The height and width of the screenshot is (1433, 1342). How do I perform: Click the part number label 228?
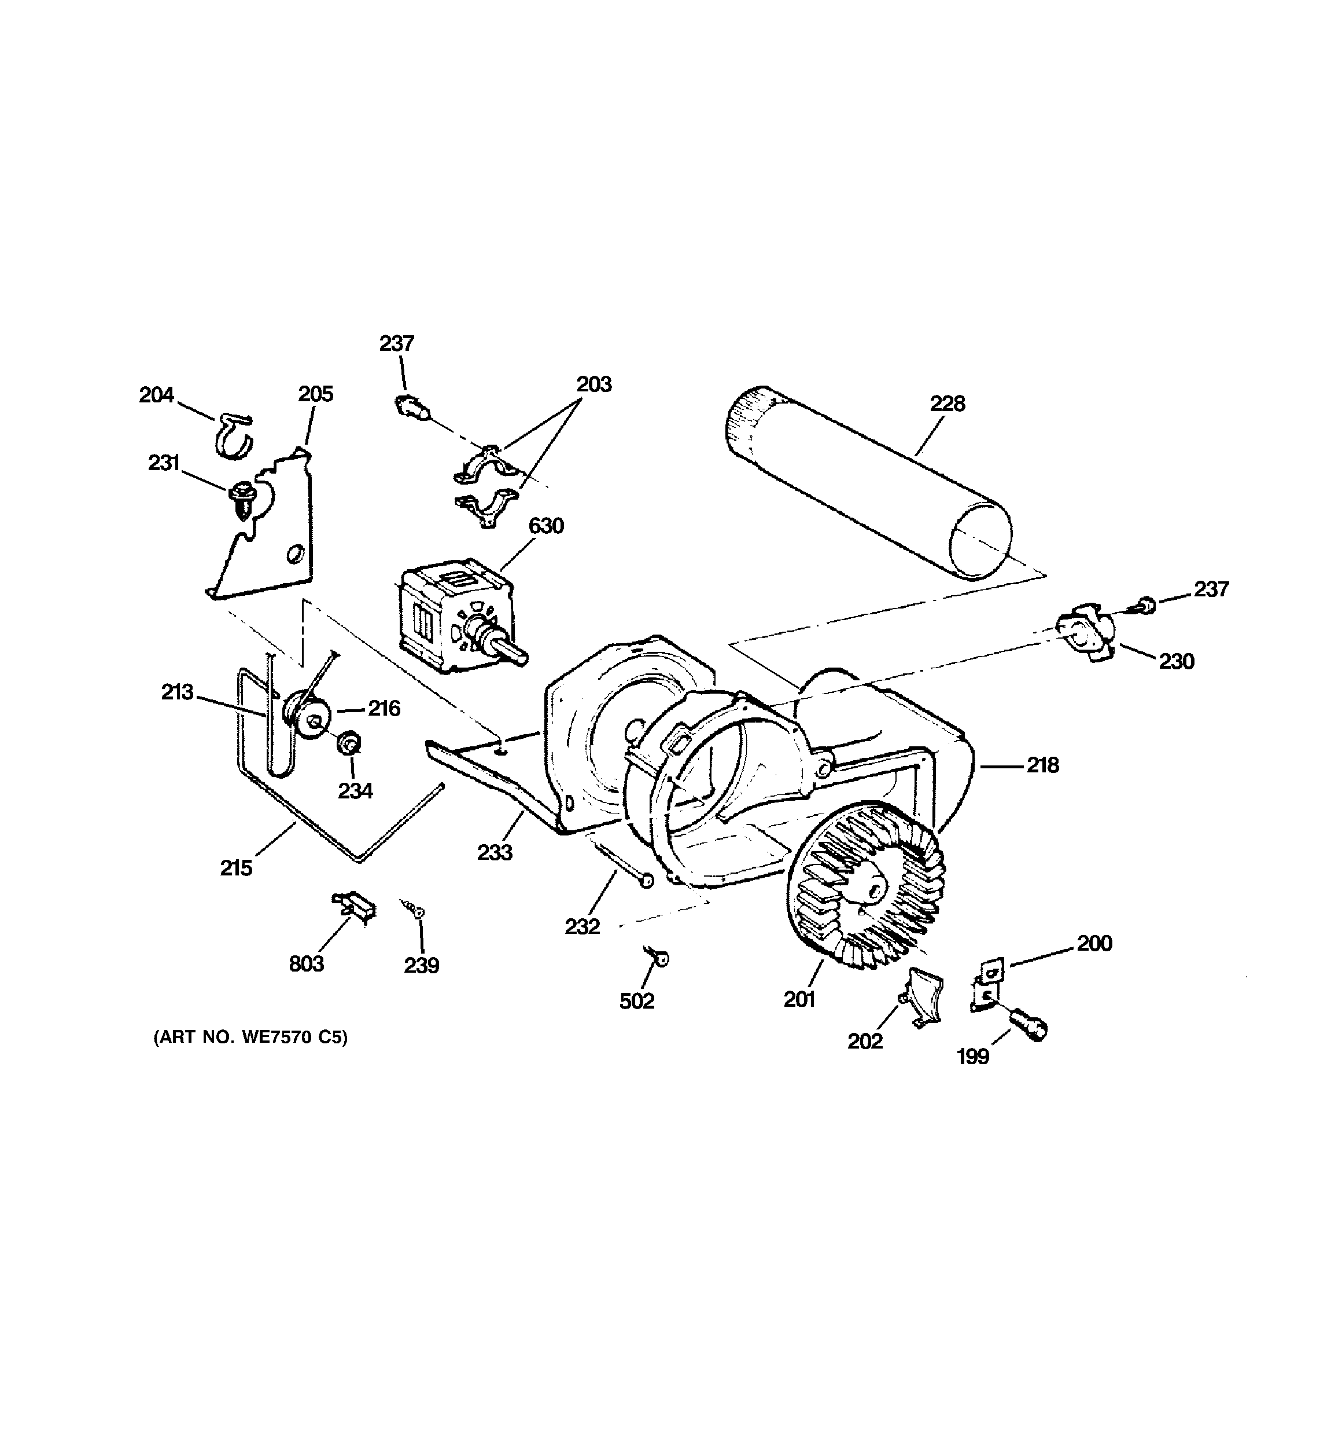click(x=946, y=404)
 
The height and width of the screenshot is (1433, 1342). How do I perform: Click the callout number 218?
click(x=1042, y=765)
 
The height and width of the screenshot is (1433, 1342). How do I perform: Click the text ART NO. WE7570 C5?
click(x=250, y=1038)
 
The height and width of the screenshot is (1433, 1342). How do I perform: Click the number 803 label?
click(x=306, y=964)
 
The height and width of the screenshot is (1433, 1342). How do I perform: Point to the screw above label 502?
click(x=658, y=956)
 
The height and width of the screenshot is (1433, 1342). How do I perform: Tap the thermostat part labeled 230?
click(x=1086, y=632)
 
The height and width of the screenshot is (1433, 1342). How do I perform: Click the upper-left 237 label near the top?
click(x=396, y=343)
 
